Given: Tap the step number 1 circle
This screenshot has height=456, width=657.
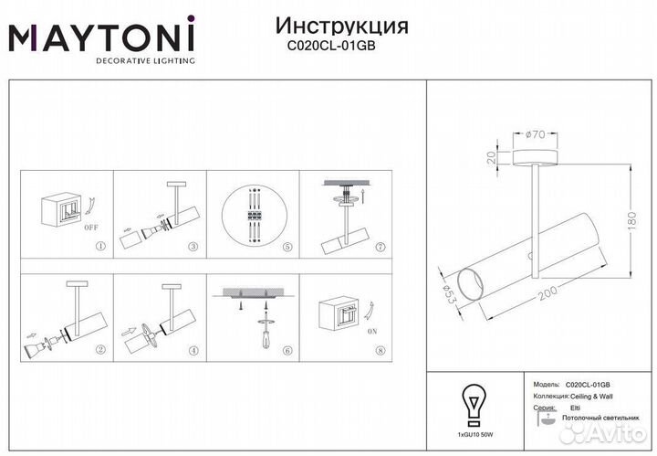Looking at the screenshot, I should (x=100, y=247).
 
